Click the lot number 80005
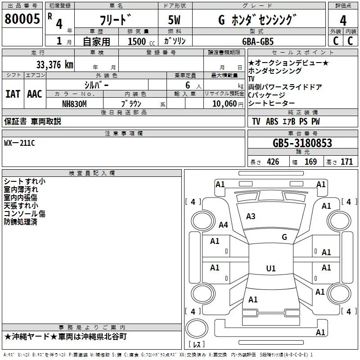(x=22, y=19)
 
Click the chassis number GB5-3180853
(x=302, y=143)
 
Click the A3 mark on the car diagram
(x=251, y=216)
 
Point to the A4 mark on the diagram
(x=223, y=225)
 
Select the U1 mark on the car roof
(x=271, y=268)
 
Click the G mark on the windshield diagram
(x=284, y=237)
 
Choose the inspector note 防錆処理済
(x=21, y=222)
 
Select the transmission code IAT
(x=13, y=94)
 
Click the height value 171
(x=346, y=162)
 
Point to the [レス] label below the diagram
(x=197, y=345)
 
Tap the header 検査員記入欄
(x=92, y=173)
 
